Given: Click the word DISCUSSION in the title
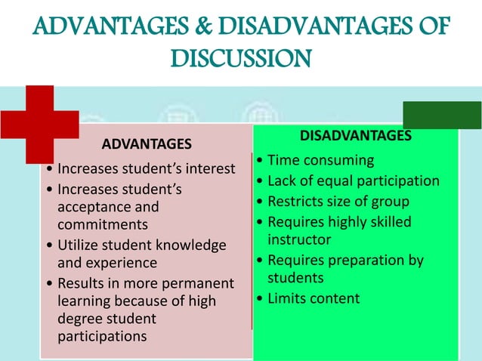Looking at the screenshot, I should [x=240, y=58].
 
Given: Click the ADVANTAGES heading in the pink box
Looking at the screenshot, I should [x=147, y=143].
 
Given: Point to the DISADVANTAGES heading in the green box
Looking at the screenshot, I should [x=356, y=136].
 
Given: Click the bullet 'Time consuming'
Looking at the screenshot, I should [x=320, y=160].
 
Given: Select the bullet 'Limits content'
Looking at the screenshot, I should [x=314, y=298].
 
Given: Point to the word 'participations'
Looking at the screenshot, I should [x=103, y=336].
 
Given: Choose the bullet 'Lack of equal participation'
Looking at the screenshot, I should [x=353, y=180].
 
